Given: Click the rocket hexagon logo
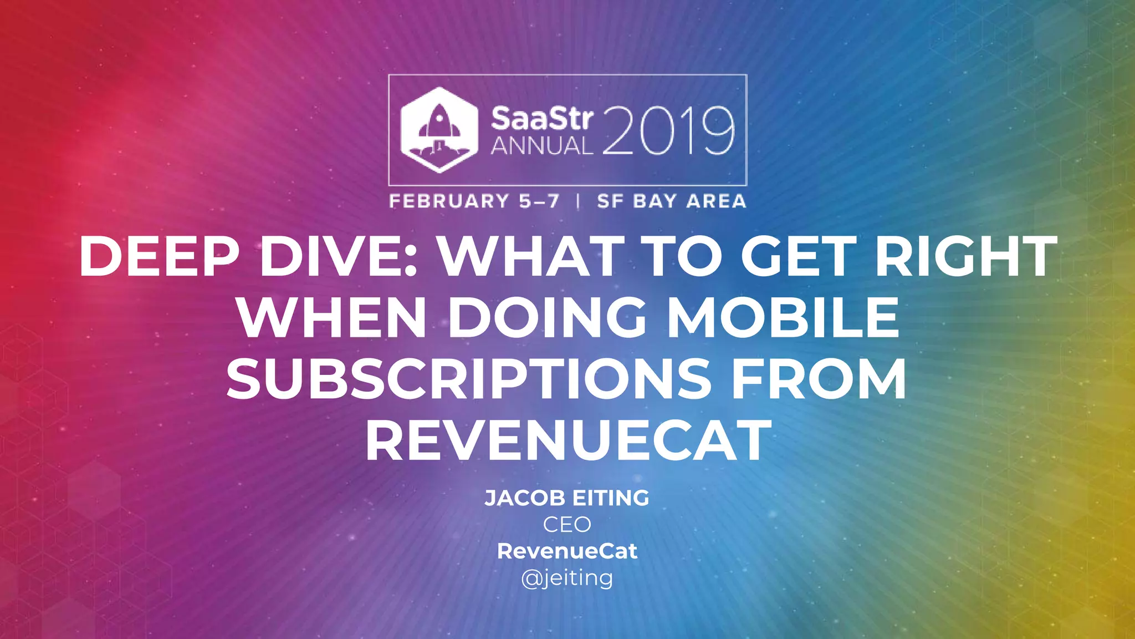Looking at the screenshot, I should pos(439,130).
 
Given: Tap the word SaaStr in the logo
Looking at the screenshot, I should pos(541,119).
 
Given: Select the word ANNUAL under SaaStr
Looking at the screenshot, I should pos(541,146).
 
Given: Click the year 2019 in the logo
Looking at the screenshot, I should pos(668,131).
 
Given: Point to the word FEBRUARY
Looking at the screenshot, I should pos(449,201).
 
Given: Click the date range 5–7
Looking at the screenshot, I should pos(539,201).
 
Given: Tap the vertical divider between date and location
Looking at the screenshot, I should pos(578,201).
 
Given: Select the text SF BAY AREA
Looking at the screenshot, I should pos(672,201).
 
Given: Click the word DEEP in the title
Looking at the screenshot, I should pos(159,256).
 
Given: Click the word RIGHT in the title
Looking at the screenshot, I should pos(966,256).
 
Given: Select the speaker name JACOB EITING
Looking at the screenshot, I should pos(567,498).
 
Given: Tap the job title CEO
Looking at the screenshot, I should pos(567,525).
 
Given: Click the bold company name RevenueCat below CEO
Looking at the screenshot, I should pos(567,551).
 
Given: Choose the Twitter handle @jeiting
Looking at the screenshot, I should pos(567,578).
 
